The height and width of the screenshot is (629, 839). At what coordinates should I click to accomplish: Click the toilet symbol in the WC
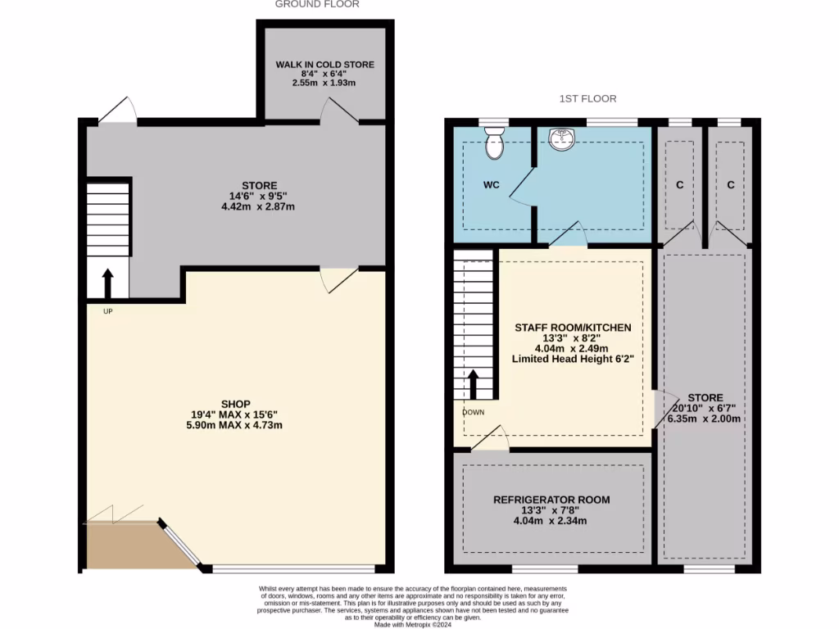pyautogui.click(x=494, y=143)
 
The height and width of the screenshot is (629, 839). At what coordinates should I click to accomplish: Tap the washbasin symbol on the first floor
pyautogui.click(x=563, y=141)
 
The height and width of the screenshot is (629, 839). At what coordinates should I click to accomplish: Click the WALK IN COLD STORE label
pyautogui.click(x=325, y=64)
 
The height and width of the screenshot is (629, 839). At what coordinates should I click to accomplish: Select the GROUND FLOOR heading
pyautogui.click(x=317, y=5)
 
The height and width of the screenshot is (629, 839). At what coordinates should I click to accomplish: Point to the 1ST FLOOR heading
pyautogui.click(x=587, y=99)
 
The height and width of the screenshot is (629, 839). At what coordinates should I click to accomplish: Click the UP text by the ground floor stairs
pyautogui.click(x=107, y=311)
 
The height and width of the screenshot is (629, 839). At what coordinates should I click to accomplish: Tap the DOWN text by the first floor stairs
pyautogui.click(x=474, y=412)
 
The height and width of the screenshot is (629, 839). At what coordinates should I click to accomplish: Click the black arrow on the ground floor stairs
pyautogui.click(x=107, y=282)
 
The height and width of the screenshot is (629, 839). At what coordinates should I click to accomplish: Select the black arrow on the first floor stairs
pyautogui.click(x=474, y=383)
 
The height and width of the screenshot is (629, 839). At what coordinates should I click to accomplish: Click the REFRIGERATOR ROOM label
pyautogui.click(x=551, y=500)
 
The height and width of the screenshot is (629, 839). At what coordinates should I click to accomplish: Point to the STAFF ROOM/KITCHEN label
pyautogui.click(x=573, y=328)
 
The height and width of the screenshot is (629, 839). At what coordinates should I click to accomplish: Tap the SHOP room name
pyautogui.click(x=236, y=404)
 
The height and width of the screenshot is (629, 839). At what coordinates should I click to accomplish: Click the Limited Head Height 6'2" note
pyautogui.click(x=572, y=359)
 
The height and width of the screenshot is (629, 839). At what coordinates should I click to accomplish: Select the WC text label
pyautogui.click(x=491, y=185)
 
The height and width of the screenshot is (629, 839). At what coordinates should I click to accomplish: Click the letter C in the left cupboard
pyautogui.click(x=679, y=185)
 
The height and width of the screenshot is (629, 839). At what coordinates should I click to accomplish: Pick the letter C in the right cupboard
pyautogui.click(x=730, y=185)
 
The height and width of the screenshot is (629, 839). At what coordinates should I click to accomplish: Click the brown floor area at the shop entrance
pyautogui.click(x=131, y=547)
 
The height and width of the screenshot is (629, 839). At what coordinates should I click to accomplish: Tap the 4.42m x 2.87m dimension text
pyautogui.click(x=258, y=207)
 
